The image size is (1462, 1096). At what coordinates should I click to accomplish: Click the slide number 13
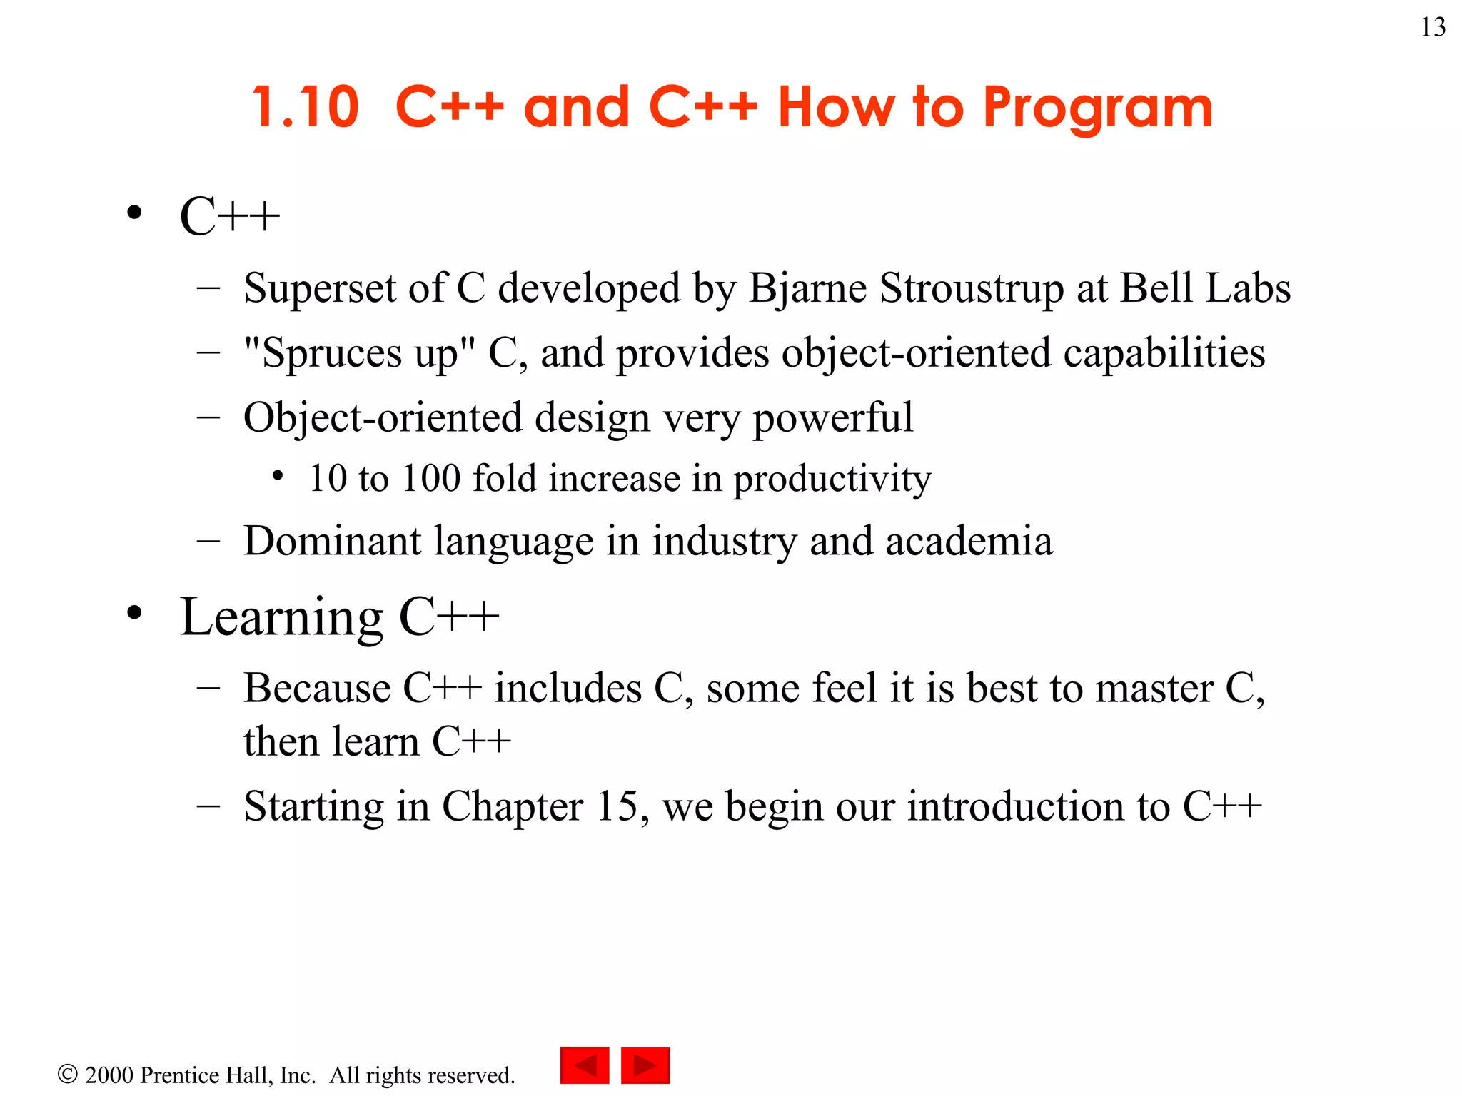coord(1433,28)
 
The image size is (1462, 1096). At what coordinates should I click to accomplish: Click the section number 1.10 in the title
coord(306,108)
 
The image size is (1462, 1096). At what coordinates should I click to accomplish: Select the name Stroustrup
coord(972,289)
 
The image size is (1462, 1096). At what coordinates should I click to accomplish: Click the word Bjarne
coord(807,289)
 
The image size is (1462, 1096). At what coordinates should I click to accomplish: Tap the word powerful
coord(833,418)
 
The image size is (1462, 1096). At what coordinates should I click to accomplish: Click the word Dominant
coord(332,541)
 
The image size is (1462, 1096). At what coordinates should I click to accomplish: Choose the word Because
coord(317,689)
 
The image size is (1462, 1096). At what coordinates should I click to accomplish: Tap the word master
coord(1154,689)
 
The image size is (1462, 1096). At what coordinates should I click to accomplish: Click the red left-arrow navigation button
coord(585,1065)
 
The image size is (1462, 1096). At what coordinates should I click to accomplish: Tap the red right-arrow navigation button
coord(645,1065)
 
